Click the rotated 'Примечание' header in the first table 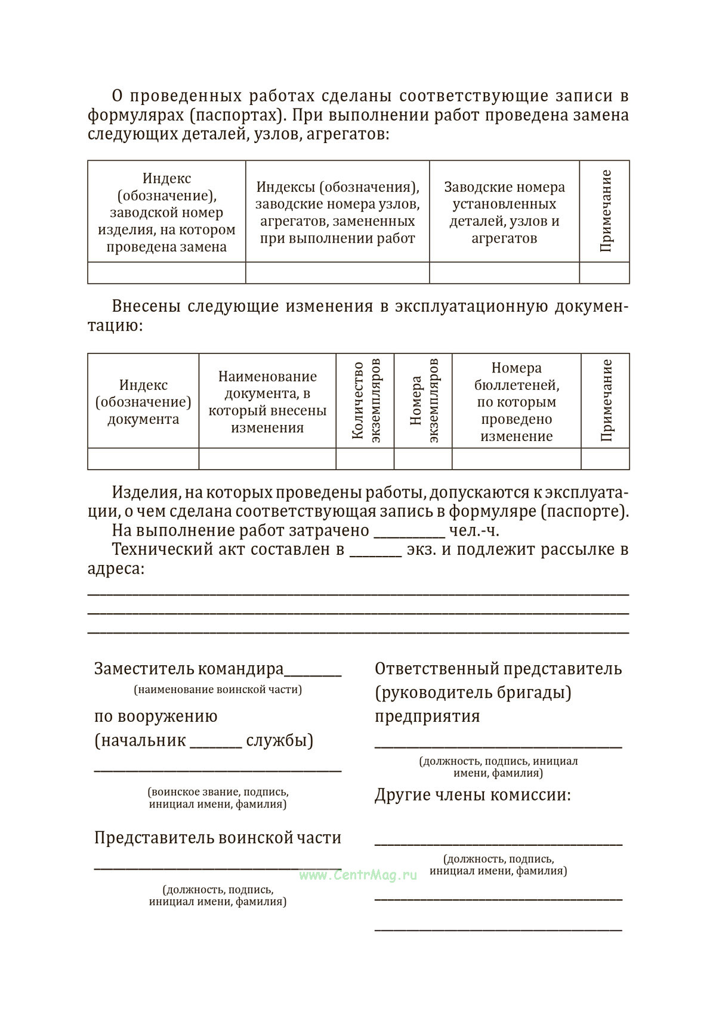[x=605, y=211]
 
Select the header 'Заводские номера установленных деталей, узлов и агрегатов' [x=504, y=212]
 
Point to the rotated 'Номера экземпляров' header [x=424, y=401]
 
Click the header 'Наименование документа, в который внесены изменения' [x=267, y=402]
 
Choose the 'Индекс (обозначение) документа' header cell [x=143, y=402]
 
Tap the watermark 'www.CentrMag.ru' [x=358, y=875]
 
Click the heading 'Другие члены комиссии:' [x=473, y=795]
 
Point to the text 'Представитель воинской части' [x=218, y=837]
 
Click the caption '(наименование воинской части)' [x=218, y=690]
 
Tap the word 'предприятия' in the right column [x=427, y=716]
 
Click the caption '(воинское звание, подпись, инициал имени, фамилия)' [x=218, y=798]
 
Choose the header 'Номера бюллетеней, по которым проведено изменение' [x=516, y=402]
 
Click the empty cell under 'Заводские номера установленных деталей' [x=504, y=272]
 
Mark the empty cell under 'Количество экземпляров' [x=365, y=458]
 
